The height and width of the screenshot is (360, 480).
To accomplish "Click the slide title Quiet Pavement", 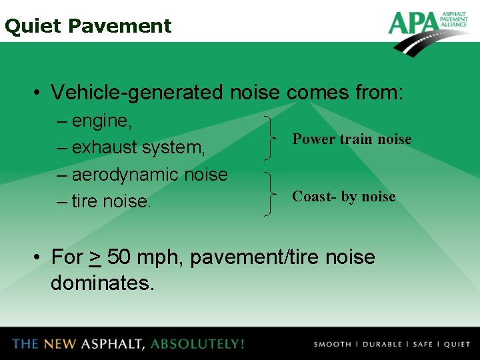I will pos(87,26).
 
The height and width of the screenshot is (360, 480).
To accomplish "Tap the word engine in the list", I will pos(101,121).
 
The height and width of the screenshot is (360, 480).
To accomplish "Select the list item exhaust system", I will pos(139,147).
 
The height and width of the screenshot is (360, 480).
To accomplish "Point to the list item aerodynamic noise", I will pos(149,174).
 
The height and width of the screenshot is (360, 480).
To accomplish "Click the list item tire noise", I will pos(111,201).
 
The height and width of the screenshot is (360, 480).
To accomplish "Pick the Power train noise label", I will pos(352,139).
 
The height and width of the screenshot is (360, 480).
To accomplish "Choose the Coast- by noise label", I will pos(344,197).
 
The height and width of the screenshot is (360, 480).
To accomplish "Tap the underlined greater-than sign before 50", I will pos(95,257).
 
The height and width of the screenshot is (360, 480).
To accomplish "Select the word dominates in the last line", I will pos(102,283).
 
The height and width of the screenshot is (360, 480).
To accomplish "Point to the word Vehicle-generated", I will pos(137,92).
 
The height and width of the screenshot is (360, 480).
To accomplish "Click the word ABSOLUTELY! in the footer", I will pos(197,344).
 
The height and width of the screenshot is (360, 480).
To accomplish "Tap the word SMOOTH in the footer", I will pos(332,345).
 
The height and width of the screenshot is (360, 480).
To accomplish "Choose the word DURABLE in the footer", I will pos(381,345).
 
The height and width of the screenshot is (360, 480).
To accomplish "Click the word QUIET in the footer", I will pos(457,345).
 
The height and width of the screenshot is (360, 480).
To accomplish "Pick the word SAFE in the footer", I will pos(423,345).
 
